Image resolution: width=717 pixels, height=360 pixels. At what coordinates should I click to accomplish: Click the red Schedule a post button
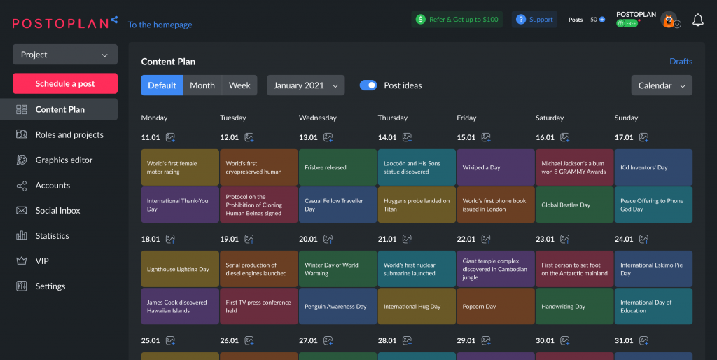(x=65, y=83)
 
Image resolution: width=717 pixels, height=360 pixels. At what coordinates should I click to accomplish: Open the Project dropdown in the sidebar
(x=65, y=55)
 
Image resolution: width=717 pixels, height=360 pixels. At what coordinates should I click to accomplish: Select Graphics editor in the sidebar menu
(x=64, y=160)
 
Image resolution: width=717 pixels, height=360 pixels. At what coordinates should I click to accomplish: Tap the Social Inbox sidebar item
(x=57, y=210)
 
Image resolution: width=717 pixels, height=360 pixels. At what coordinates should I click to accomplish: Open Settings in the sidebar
(x=50, y=286)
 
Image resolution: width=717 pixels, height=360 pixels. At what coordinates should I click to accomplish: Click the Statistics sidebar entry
(x=52, y=235)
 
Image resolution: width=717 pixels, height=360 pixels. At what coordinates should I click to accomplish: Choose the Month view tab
(x=202, y=85)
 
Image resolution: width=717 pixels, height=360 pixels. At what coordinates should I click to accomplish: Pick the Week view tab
(x=239, y=85)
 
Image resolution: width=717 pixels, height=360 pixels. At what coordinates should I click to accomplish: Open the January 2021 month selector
(x=305, y=85)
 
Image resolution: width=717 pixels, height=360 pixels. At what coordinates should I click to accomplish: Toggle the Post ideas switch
(x=368, y=85)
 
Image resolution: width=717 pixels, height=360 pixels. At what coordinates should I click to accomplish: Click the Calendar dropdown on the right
(x=662, y=85)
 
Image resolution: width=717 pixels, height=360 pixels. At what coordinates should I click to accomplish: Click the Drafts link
(x=681, y=61)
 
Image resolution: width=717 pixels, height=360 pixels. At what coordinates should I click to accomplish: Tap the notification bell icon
(x=697, y=20)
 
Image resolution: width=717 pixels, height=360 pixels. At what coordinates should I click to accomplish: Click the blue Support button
(x=534, y=20)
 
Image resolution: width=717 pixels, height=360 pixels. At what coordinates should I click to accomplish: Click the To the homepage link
(x=160, y=25)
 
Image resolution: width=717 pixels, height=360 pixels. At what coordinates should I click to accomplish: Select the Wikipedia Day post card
(x=496, y=167)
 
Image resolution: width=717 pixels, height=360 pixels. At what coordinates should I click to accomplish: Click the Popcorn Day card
(x=496, y=306)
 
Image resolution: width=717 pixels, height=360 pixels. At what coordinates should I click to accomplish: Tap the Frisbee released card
(x=337, y=167)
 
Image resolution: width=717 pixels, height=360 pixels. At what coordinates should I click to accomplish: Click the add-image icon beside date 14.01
(x=408, y=137)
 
